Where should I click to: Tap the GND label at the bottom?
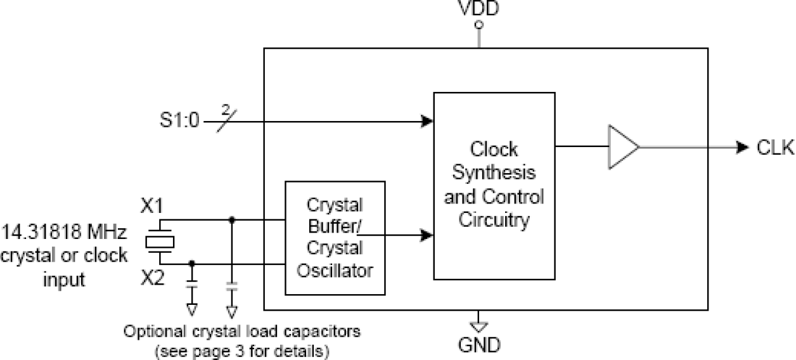pyautogui.click(x=480, y=346)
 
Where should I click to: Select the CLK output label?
pyautogui.click(x=775, y=148)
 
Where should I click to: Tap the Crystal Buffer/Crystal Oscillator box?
pyautogui.click(x=335, y=238)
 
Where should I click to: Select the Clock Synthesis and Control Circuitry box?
pyautogui.click(x=494, y=185)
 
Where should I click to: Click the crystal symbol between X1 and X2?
pyautogui.click(x=159, y=241)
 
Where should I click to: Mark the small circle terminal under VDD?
pyautogui.click(x=480, y=25)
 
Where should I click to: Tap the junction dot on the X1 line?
pyautogui.click(x=232, y=220)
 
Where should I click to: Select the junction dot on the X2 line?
pyautogui.click(x=192, y=263)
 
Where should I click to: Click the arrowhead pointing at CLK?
pyautogui.click(x=743, y=148)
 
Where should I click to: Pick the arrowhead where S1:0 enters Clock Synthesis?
pyautogui.click(x=428, y=120)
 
